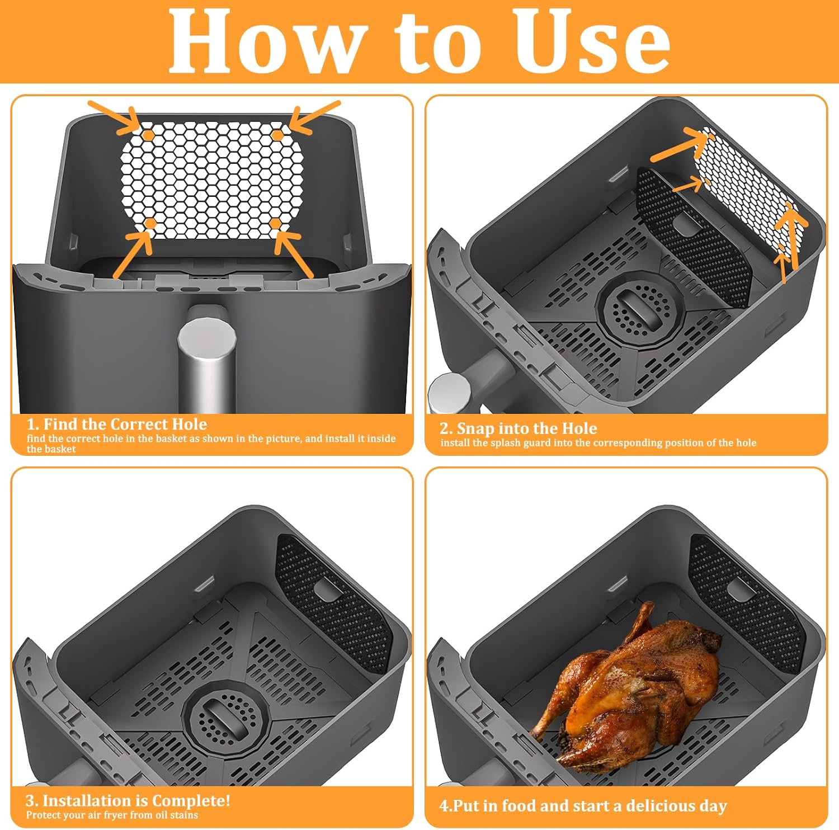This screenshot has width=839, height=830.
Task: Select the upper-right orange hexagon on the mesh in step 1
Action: point(277,135)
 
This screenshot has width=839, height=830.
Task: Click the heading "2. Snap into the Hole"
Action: point(519,428)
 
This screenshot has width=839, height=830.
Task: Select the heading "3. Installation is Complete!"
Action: point(128,800)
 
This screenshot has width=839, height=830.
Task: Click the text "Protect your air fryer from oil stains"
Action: point(112,815)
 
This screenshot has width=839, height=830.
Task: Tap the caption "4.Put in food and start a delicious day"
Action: point(583,806)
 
